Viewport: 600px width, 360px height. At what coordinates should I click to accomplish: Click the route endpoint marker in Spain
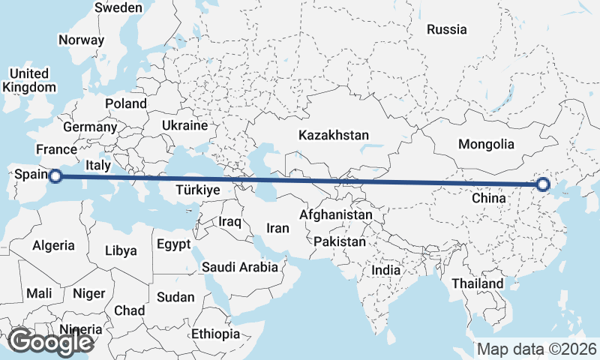click(x=55, y=176)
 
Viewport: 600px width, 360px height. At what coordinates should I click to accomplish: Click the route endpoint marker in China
click(x=543, y=184)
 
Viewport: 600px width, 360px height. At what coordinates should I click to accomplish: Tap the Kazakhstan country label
click(x=334, y=136)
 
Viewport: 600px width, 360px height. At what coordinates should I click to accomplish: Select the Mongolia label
click(x=486, y=144)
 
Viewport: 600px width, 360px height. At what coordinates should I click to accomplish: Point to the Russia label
click(x=447, y=29)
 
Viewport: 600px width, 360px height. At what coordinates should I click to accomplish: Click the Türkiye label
click(x=197, y=190)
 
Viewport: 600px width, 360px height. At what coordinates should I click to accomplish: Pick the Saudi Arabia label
click(x=240, y=266)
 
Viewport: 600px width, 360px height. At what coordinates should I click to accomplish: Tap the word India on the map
click(x=386, y=270)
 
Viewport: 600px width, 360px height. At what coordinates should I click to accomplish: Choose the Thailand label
click(x=477, y=284)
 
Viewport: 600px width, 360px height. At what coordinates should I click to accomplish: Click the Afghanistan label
click(x=335, y=215)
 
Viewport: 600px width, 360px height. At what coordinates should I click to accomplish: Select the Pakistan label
click(x=340, y=241)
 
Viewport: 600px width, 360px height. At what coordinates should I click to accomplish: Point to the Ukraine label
click(x=184, y=124)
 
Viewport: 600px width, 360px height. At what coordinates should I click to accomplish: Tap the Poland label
click(x=126, y=103)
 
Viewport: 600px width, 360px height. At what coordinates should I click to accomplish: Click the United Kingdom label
click(x=29, y=80)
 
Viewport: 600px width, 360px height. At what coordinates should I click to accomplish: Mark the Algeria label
click(x=53, y=245)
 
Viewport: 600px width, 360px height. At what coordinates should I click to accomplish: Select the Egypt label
click(x=174, y=244)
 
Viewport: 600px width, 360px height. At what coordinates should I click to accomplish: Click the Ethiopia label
click(x=215, y=333)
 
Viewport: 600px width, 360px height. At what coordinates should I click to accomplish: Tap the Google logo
click(x=50, y=342)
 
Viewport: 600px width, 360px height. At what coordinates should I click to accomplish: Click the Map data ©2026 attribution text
click(x=537, y=349)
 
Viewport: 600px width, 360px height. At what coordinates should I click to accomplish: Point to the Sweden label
click(x=118, y=7)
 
